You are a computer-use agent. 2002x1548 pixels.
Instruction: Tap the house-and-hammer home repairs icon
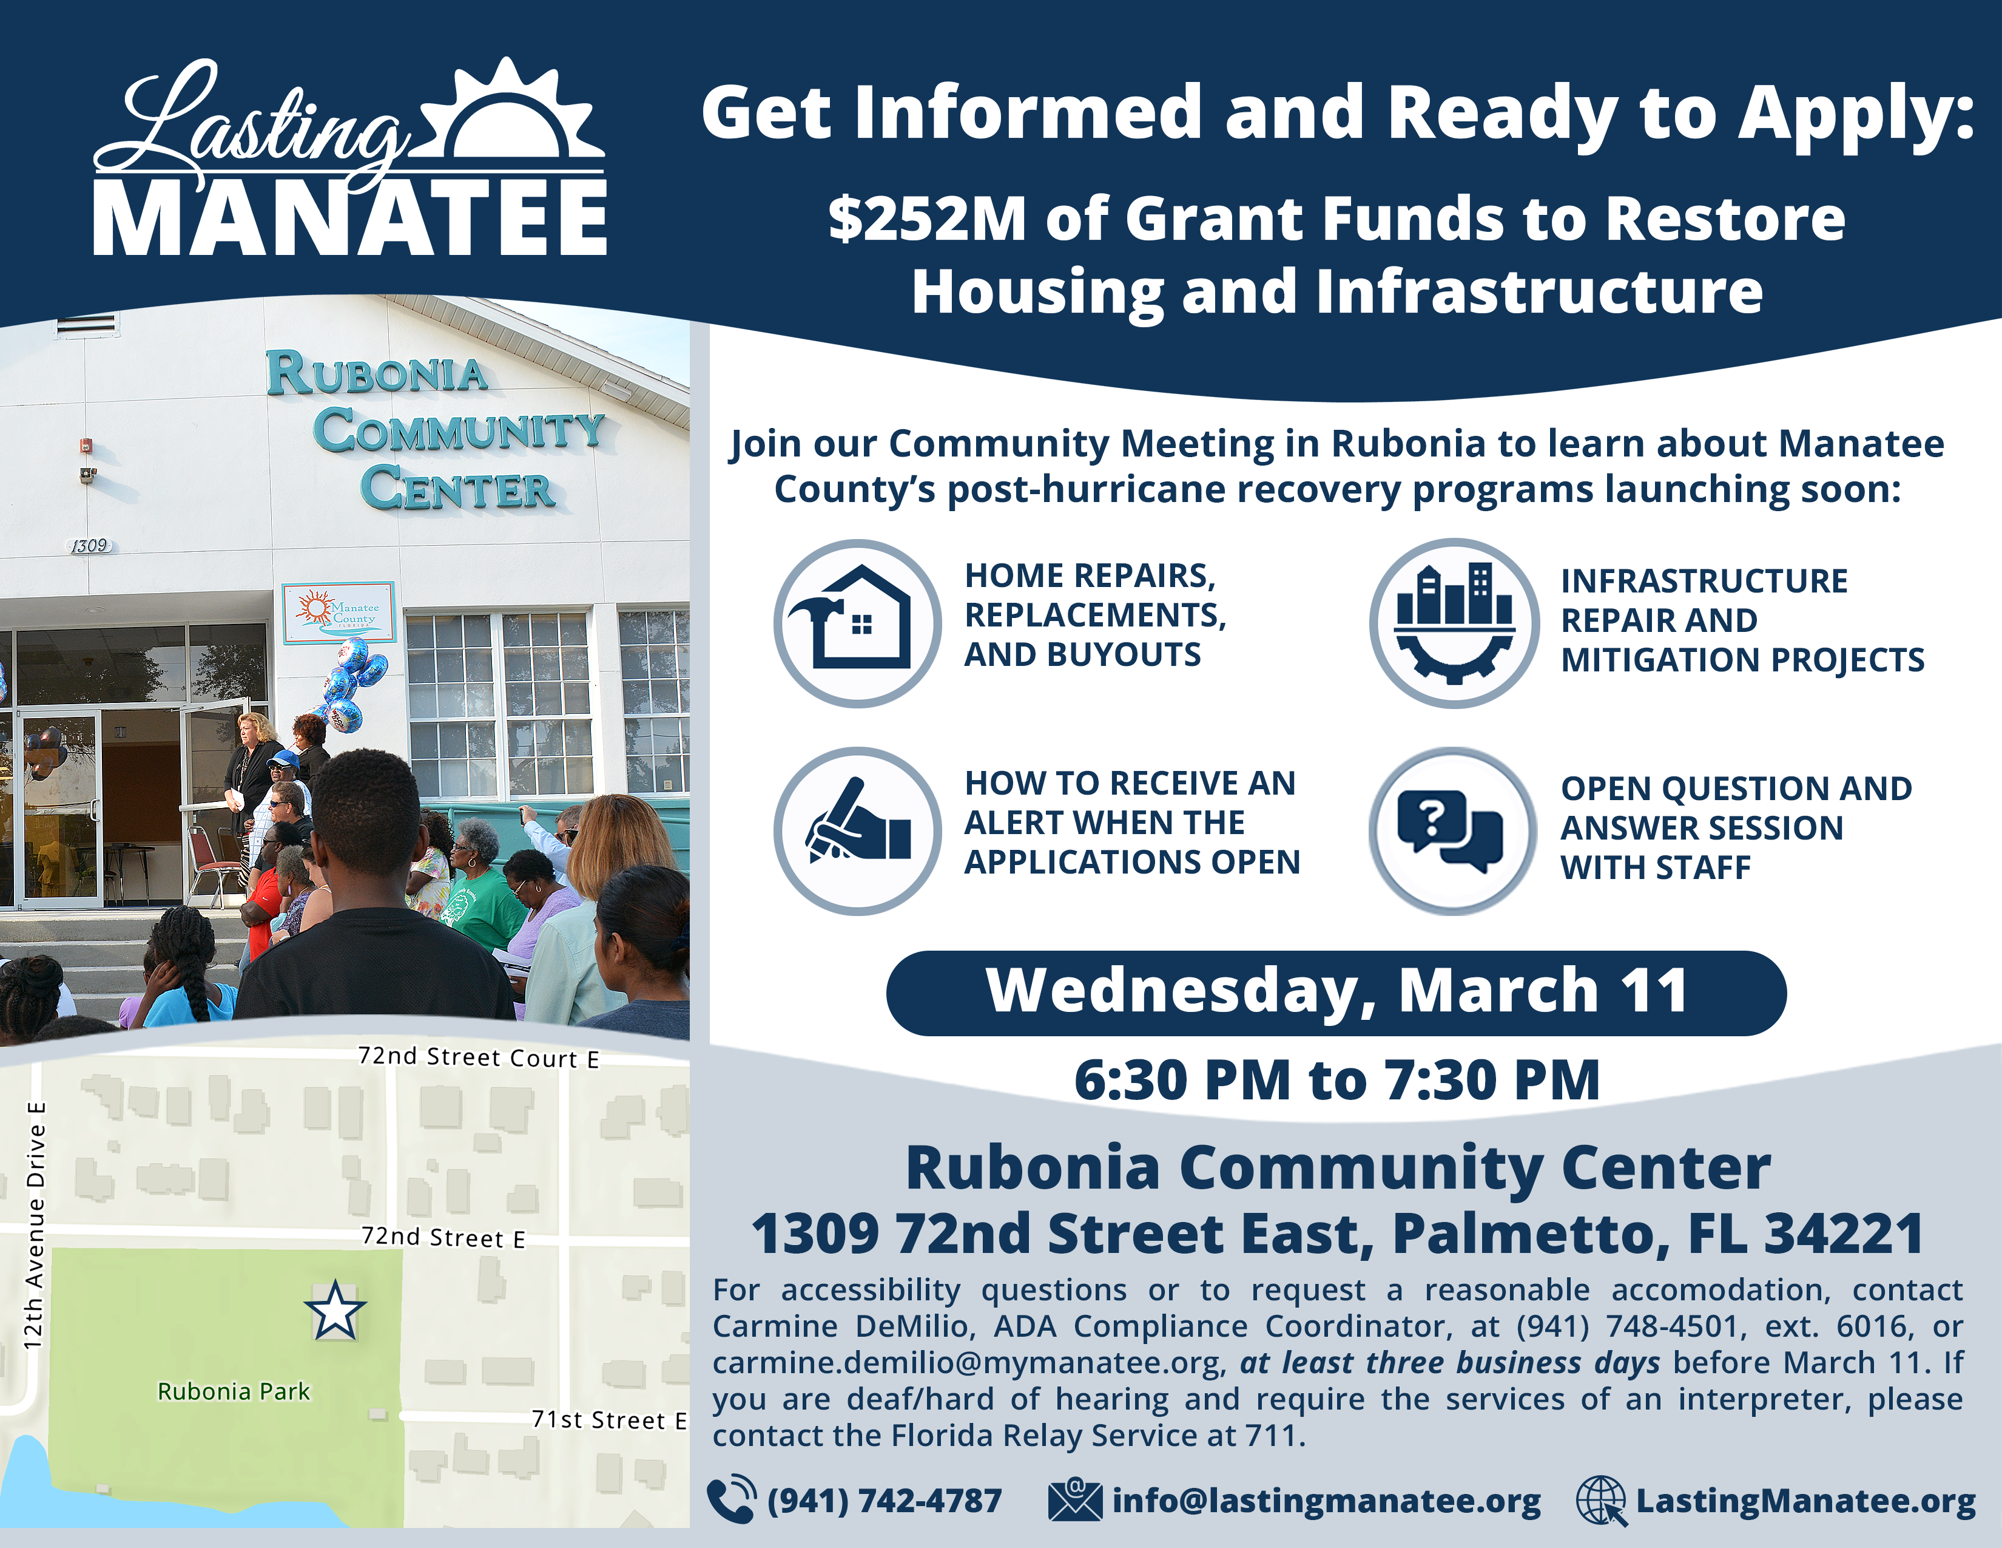click(857, 623)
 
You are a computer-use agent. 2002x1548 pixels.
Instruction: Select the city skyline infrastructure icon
click(1454, 623)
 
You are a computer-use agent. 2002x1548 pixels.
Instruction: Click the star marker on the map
click(335, 1311)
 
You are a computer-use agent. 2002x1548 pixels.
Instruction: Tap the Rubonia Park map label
click(234, 1392)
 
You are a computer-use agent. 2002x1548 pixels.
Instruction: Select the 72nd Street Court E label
click(479, 1057)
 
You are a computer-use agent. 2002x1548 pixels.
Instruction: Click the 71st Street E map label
click(608, 1420)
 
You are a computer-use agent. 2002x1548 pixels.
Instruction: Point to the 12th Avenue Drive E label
click(35, 1225)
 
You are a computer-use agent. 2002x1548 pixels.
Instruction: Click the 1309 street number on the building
click(90, 546)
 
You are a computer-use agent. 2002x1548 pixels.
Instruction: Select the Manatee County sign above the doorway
click(339, 612)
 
